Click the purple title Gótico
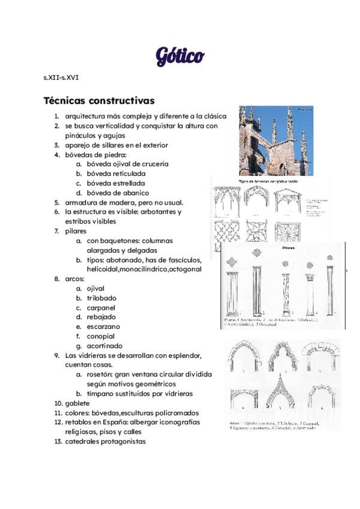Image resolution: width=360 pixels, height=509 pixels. [180, 56]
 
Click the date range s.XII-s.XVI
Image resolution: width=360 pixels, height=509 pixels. [61, 77]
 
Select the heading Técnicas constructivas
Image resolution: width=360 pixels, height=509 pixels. [99, 100]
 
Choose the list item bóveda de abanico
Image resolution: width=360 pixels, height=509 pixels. [118, 193]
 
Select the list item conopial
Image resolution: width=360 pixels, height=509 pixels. [100, 336]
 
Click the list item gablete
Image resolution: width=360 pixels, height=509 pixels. [77, 403]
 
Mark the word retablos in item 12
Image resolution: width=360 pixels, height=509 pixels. [80, 422]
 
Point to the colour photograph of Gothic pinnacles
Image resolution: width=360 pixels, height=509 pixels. [275, 141]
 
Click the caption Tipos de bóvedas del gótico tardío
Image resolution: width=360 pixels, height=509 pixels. [268, 181]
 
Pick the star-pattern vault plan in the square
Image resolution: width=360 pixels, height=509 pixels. [286, 230]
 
